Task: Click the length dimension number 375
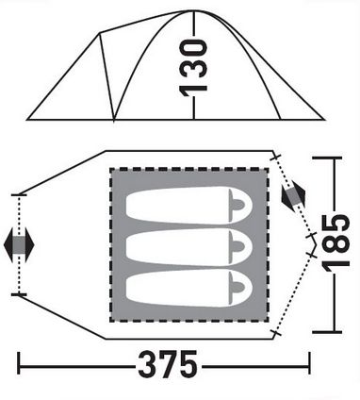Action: point(169,365)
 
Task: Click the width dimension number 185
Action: point(335,244)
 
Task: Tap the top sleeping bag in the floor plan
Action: point(189,206)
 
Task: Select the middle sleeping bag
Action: point(189,247)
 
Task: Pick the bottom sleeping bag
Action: point(189,288)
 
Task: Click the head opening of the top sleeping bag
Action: point(237,205)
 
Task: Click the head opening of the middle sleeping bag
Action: point(237,246)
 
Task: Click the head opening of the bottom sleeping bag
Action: point(237,287)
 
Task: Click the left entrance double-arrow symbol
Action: point(19,245)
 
